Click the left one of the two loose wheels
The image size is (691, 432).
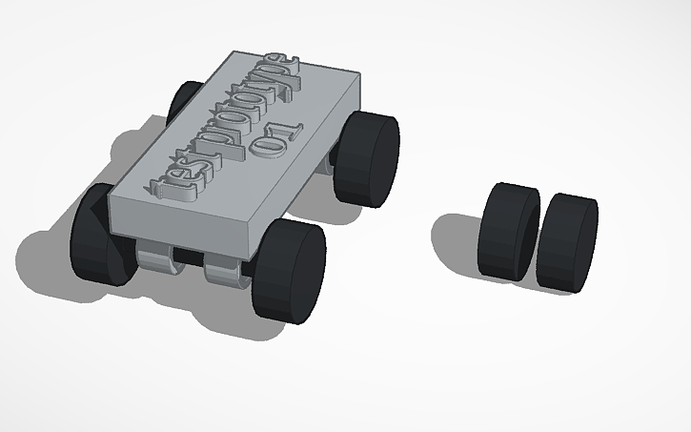point(508,232)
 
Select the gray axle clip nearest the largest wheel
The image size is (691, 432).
point(227,273)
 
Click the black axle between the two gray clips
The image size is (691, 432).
point(191,259)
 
